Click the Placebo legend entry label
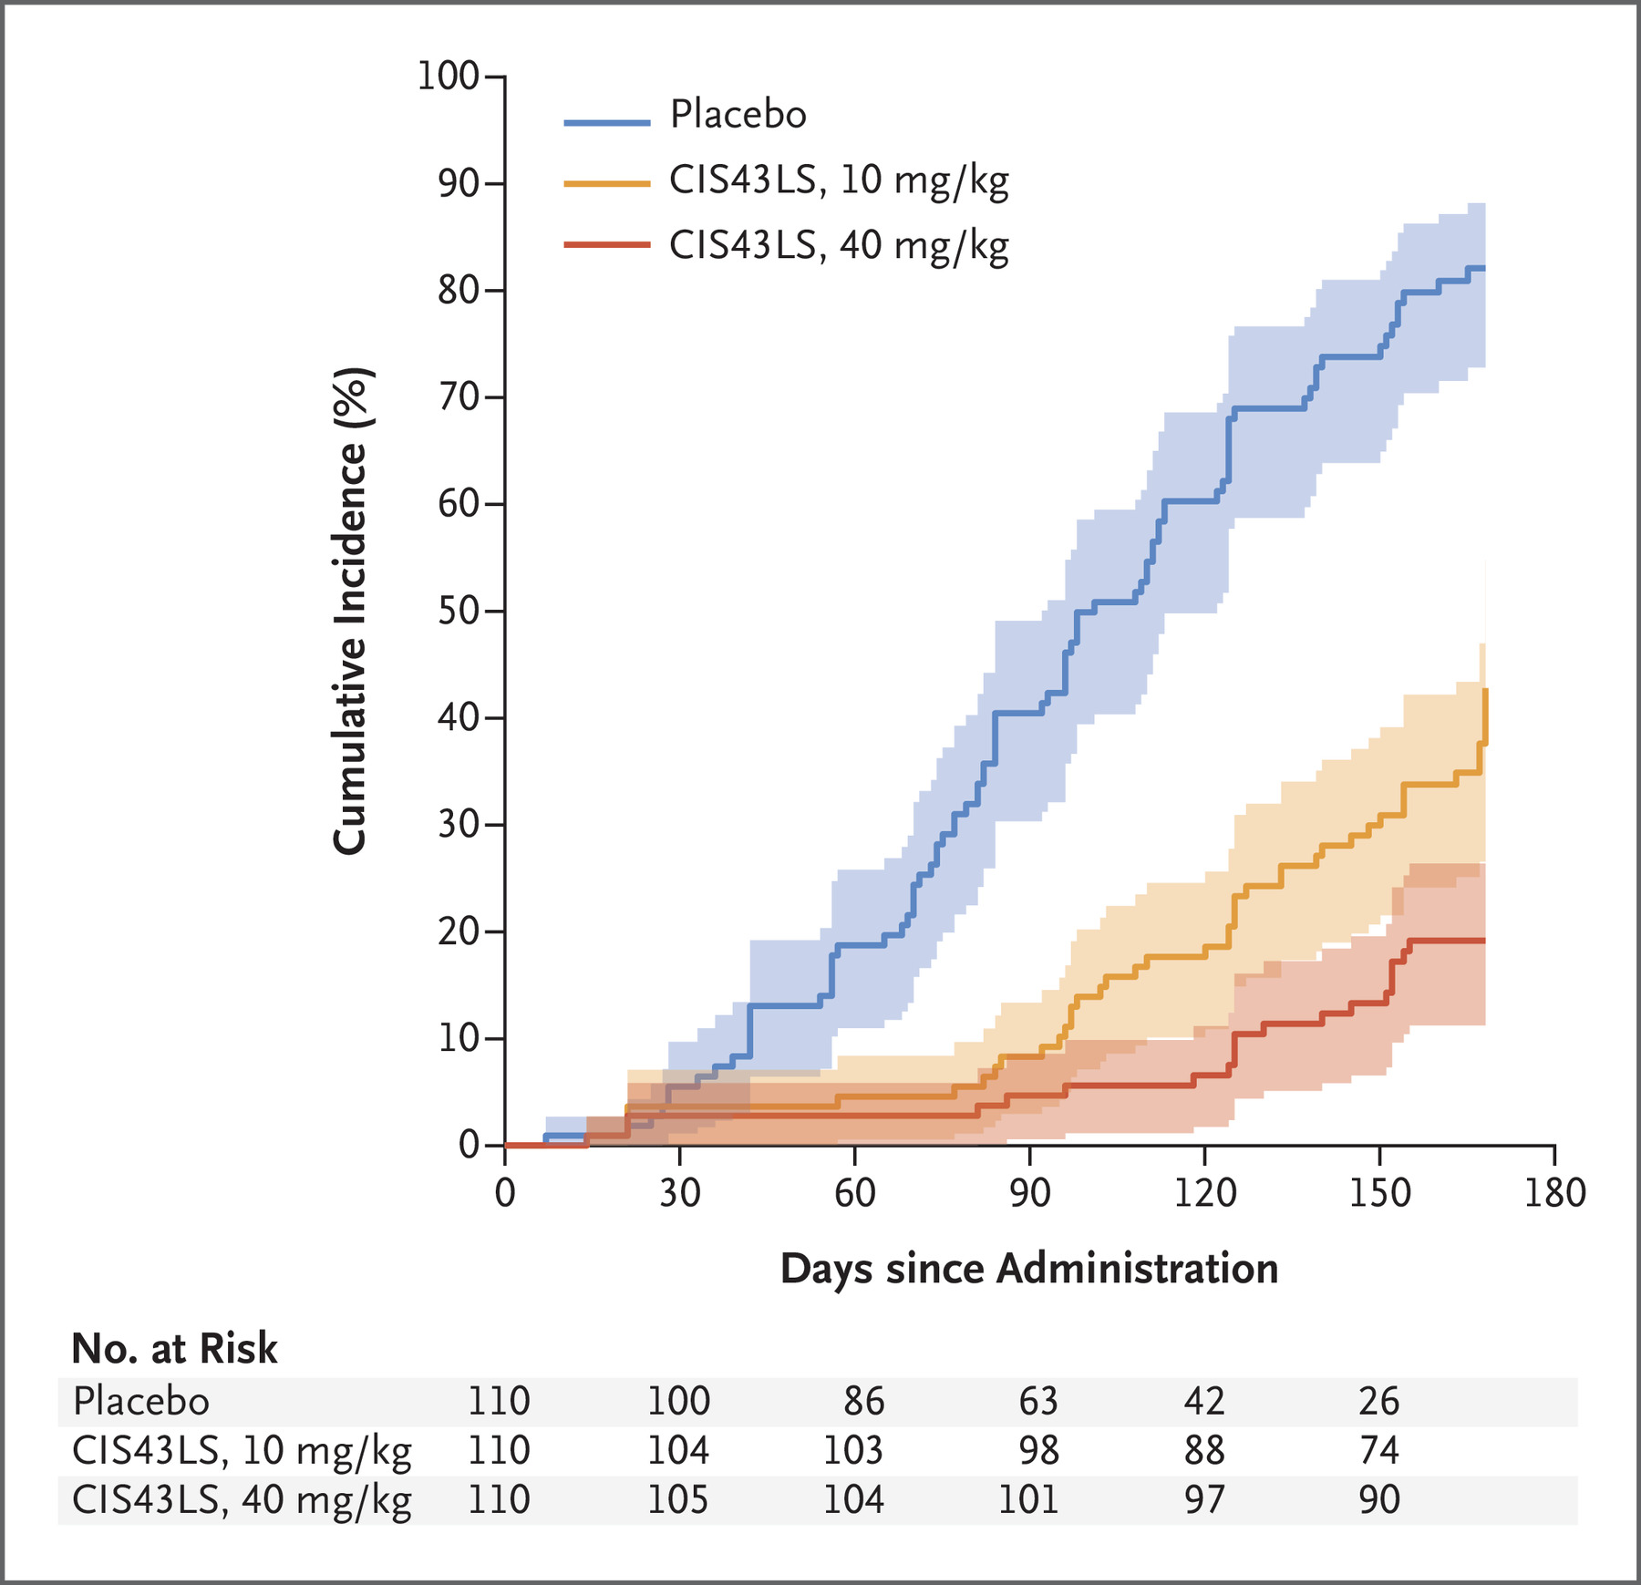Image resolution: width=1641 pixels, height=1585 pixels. (738, 115)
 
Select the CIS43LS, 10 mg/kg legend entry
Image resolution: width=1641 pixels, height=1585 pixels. (838, 180)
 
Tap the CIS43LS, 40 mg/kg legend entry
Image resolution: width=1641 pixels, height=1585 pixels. (838, 245)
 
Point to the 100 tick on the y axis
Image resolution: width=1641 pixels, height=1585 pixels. (448, 76)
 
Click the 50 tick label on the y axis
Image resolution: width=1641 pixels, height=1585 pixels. (459, 611)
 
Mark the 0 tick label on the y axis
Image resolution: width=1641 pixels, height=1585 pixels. (470, 1145)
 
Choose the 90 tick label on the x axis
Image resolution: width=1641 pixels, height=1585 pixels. (1029, 1192)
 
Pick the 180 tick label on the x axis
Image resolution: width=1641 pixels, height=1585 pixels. (1554, 1192)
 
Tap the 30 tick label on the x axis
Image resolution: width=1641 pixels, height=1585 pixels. (680, 1192)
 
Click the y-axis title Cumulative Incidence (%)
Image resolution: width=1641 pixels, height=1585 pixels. (350, 611)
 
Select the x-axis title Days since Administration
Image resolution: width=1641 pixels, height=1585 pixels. (1029, 1269)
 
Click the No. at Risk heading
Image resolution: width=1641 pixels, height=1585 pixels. (174, 1349)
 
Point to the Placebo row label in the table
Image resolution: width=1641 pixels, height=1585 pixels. (141, 1401)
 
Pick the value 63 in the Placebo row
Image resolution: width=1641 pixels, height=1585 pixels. (1038, 1401)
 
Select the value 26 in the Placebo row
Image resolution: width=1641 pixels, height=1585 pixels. (1378, 1401)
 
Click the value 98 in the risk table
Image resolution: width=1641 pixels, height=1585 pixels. (1038, 1450)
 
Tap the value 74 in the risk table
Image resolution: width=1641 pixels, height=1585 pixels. (1378, 1450)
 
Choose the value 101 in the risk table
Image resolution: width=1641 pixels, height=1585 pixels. (1029, 1499)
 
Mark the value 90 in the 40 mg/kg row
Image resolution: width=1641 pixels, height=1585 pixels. (1378, 1499)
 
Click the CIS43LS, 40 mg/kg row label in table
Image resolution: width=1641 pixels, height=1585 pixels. (242, 1499)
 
